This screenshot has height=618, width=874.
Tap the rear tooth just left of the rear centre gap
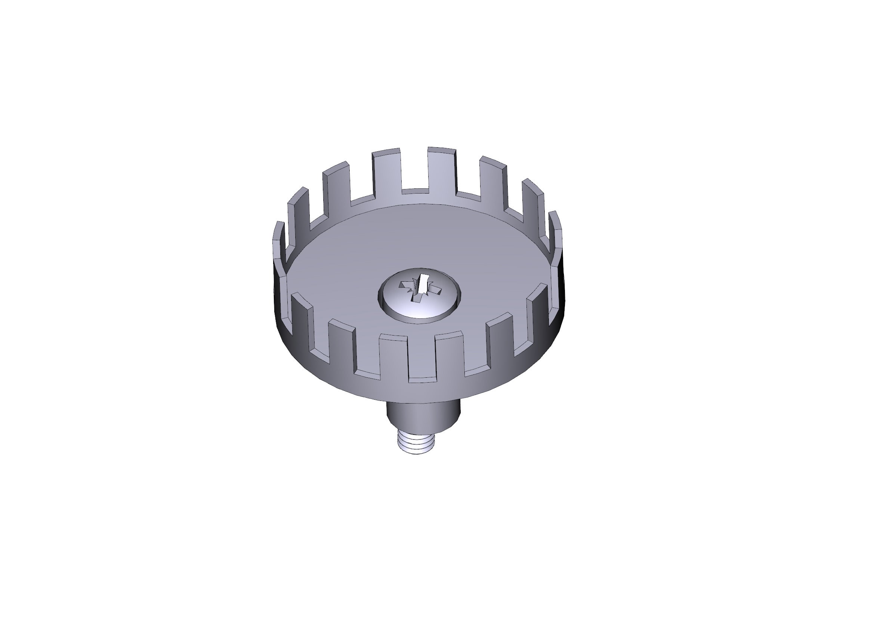[386, 171]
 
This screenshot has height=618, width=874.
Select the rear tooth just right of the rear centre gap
[442, 169]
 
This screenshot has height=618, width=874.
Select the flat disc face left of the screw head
[335, 274]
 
